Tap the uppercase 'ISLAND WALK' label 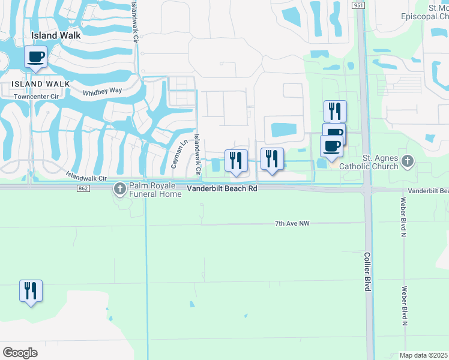click(x=35, y=84)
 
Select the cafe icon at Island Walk click(x=36, y=57)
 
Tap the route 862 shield click(x=83, y=188)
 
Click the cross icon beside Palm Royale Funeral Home click(x=120, y=189)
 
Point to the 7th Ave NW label click(x=292, y=224)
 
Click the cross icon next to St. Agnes click(x=408, y=160)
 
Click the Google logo click(x=20, y=353)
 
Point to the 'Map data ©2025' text click(x=423, y=355)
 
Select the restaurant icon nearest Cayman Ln click(x=236, y=161)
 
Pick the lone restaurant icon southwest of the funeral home click(x=30, y=291)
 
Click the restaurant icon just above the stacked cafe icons click(x=334, y=112)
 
